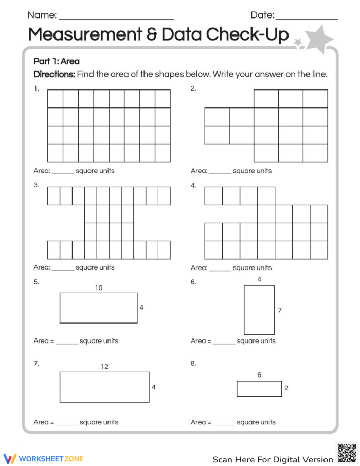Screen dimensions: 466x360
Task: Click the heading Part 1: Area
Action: point(57,61)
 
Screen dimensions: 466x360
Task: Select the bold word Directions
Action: point(54,74)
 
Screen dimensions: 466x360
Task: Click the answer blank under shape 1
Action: point(63,172)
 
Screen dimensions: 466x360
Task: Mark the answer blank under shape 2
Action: point(220,172)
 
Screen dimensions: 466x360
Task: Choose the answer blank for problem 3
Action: point(63,269)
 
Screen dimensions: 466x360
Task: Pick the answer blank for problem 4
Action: point(220,269)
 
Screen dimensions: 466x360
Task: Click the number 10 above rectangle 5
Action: point(98,288)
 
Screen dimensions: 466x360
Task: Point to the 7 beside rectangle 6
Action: point(280,310)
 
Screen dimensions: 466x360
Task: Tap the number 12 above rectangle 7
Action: point(104,367)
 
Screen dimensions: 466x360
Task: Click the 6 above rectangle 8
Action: point(259,375)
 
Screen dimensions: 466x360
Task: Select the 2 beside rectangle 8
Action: point(286,388)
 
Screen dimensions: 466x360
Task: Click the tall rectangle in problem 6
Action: point(259,310)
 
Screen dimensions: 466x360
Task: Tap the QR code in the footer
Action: point(347,453)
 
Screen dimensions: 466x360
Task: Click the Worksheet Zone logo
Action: point(43,458)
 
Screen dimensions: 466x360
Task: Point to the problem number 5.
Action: point(36,282)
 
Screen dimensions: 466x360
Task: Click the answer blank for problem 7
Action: point(67,424)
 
